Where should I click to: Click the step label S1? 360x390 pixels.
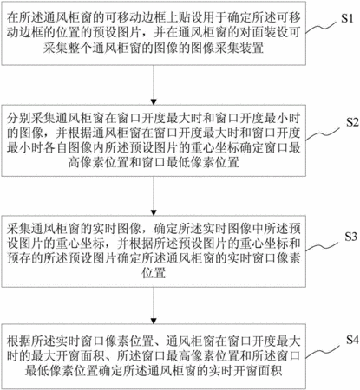[347, 18]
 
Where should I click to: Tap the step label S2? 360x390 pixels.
[352, 122]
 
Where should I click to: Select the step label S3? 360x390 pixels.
[350, 237]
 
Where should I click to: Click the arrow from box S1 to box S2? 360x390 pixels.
[154, 85]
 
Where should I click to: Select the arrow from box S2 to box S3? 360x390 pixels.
[154, 195]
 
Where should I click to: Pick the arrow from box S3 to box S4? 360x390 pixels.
[154, 305]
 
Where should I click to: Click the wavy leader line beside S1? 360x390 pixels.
[322, 27]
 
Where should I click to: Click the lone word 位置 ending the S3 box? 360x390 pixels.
[154, 273]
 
